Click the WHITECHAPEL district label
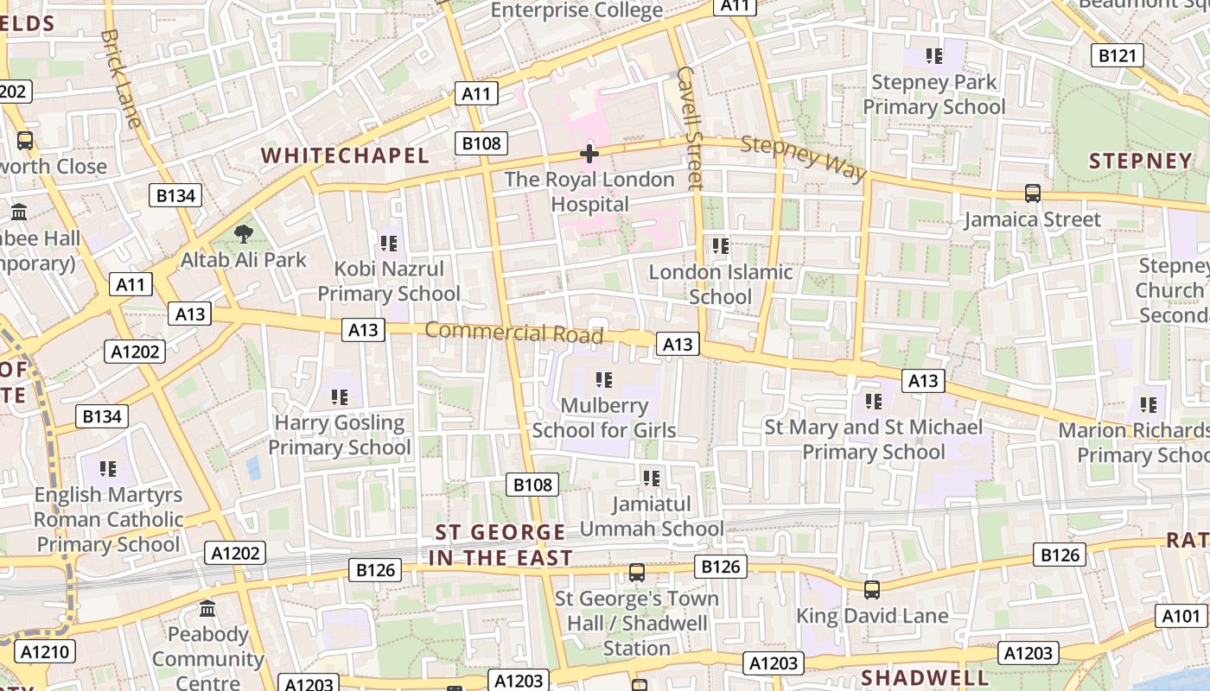[345, 155]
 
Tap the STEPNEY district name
[1140, 161]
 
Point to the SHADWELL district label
[925, 676]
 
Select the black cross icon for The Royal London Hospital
[589, 155]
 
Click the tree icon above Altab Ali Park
[244, 233]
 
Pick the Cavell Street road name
[691, 127]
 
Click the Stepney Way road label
[803, 158]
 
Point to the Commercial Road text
[513, 333]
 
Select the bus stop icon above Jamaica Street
[1032, 193]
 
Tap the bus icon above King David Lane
[872, 590]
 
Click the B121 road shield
[1117, 56]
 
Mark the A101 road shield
[1181, 616]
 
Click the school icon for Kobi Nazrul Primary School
[388, 244]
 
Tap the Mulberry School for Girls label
[604, 417]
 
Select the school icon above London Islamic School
[721, 246]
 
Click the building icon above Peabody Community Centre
[207, 609]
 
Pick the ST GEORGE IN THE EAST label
[500, 545]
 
